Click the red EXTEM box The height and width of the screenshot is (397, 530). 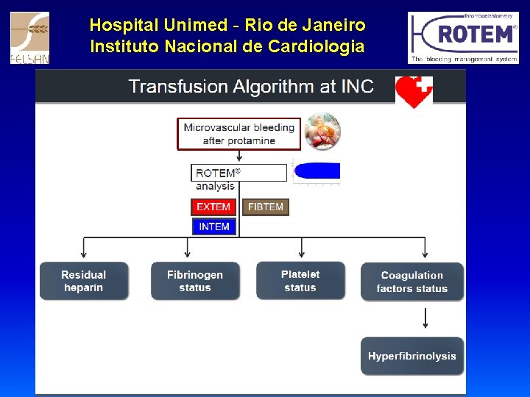[213, 207]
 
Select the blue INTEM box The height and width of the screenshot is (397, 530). [213, 226]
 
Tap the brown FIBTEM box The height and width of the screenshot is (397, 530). [266, 207]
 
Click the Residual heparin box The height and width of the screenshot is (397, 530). [84, 281]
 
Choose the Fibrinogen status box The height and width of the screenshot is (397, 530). [195, 281]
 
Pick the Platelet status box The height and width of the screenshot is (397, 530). [300, 281]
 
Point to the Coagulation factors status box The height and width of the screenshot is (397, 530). [412, 282]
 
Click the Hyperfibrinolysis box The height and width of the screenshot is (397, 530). [412, 356]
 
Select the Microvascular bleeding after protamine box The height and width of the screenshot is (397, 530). [239, 134]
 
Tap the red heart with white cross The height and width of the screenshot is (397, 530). [414, 91]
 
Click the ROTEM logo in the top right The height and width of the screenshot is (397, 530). [464, 37]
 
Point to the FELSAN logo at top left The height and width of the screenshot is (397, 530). [29, 37]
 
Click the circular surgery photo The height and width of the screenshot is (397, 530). [322, 132]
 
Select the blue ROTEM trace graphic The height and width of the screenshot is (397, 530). [317, 171]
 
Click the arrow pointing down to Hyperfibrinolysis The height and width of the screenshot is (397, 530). [425, 318]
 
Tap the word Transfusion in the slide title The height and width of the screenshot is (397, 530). [177, 87]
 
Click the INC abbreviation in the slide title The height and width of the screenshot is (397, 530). [357, 87]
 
